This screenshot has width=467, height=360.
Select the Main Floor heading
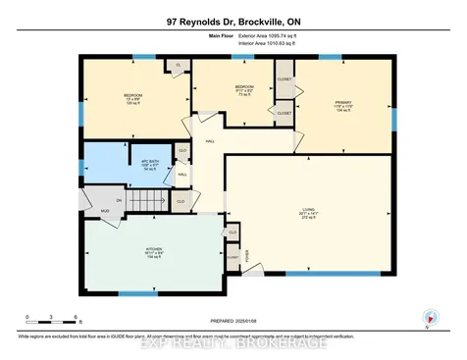[224, 36]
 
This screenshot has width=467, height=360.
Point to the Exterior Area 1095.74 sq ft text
[279, 36]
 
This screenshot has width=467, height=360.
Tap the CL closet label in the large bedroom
[179, 67]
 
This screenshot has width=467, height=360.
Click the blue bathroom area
[118, 162]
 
